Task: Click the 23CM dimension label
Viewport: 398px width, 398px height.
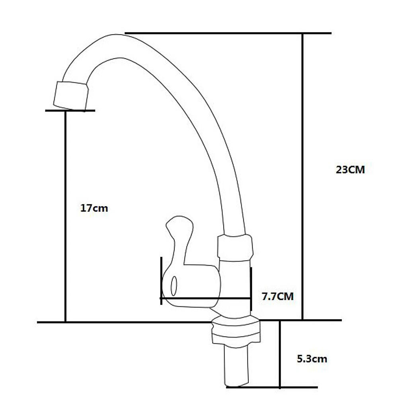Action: [x=350, y=170]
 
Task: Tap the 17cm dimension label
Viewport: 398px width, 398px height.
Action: [x=94, y=208]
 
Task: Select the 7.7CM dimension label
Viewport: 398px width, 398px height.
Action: [x=278, y=296]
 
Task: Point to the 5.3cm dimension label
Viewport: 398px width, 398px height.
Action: [x=312, y=359]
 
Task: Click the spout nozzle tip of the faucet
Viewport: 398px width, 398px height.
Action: [x=71, y=96]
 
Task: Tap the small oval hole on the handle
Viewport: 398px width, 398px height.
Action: [x=174, y=286]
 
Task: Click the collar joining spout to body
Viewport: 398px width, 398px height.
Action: [x=235, y=248]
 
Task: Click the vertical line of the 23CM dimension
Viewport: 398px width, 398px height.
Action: [x=302, y=176]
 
